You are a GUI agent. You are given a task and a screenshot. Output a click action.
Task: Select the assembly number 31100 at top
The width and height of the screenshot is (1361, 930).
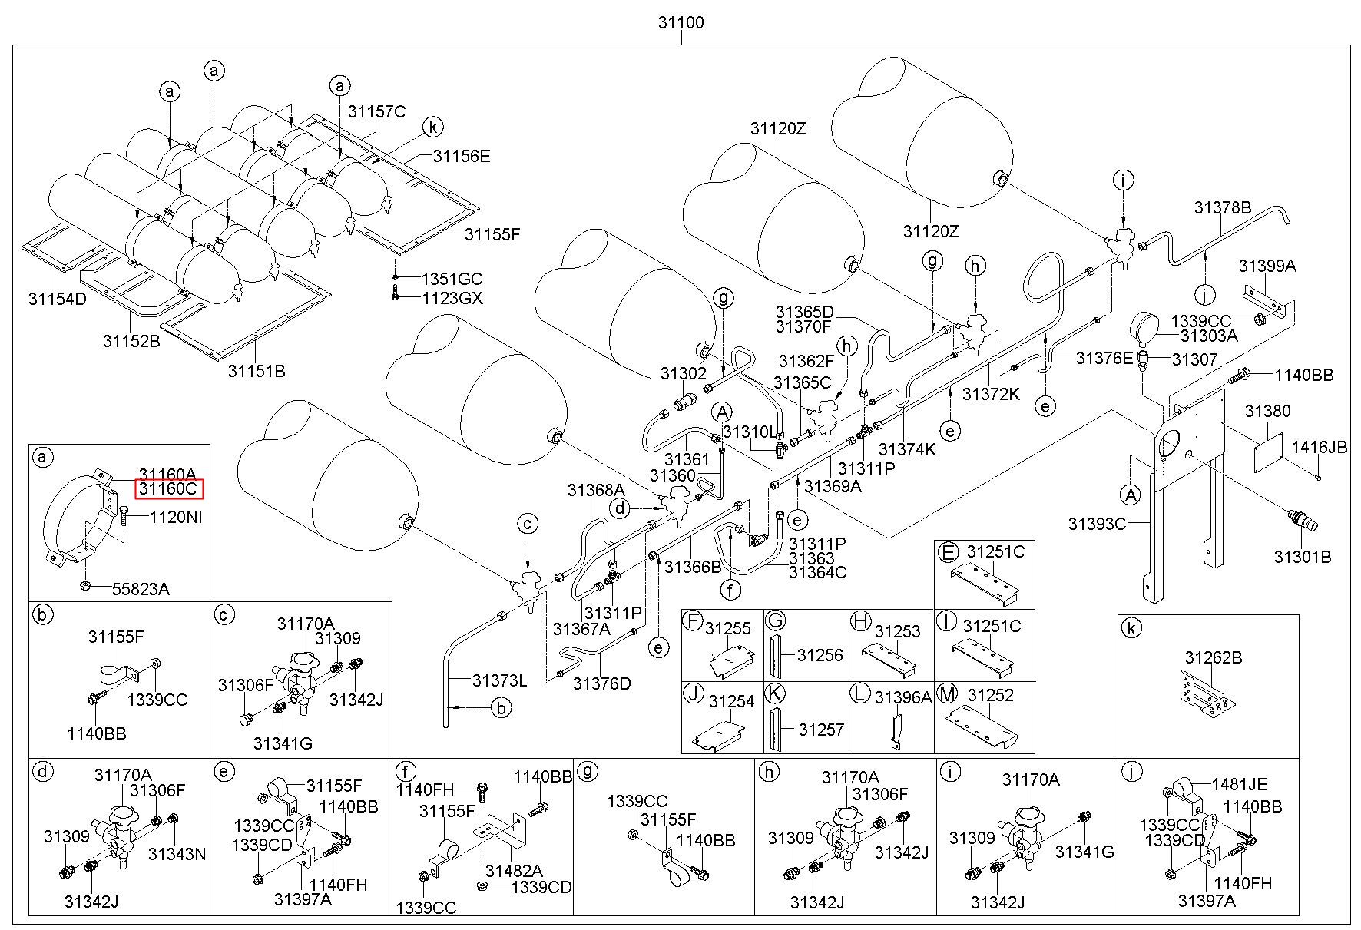[680, 22]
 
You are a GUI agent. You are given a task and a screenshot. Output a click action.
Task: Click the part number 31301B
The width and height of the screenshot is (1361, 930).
[1303, 558]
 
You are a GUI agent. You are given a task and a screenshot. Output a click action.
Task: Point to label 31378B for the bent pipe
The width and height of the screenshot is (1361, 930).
[1223, 207]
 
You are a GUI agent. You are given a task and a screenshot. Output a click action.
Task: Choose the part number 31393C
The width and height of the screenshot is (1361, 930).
[1097, 524]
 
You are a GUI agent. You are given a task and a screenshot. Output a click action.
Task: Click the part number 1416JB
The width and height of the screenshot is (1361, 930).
[1320, 447]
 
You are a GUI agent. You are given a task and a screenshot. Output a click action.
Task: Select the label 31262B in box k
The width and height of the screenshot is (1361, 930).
[1214, 657]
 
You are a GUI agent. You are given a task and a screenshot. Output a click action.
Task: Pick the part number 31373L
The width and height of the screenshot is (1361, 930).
[500, 680]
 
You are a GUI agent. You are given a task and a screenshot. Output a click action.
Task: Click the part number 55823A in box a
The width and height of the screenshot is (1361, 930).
[141, 589]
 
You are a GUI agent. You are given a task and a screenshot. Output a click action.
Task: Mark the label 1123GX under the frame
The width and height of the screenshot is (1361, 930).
[452, 298]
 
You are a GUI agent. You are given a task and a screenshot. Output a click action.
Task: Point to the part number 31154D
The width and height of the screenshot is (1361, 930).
[58, 298]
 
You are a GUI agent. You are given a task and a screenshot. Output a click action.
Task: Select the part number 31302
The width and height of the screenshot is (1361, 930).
[683, 373]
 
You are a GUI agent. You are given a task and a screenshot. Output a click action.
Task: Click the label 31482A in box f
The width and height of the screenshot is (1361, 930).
[514, 870]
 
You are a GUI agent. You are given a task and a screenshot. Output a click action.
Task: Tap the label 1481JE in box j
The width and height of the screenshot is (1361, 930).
[1240, 784]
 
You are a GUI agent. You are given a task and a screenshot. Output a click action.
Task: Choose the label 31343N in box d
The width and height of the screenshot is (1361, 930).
[177, 853]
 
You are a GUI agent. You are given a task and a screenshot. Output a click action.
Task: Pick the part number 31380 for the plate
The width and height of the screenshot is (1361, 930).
[1268, 411]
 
